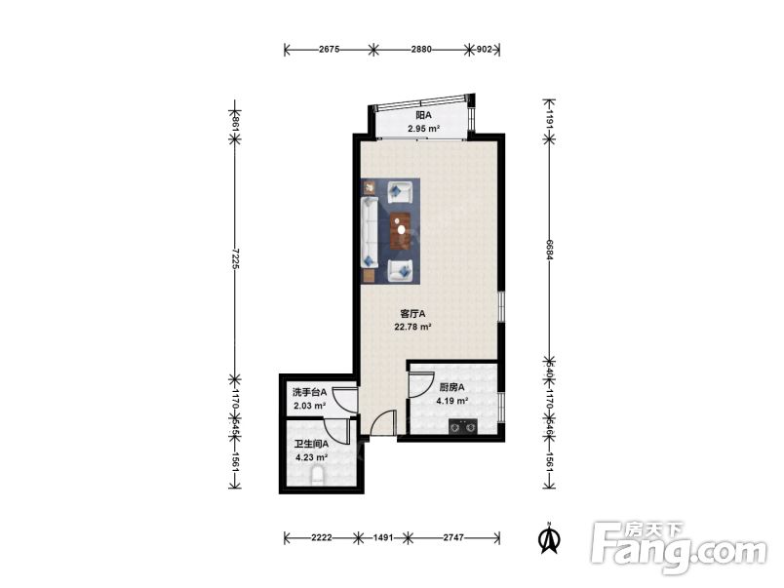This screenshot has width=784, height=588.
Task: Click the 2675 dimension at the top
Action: (x=329, y=49)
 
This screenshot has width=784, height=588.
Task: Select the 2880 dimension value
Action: (x=421, y=49)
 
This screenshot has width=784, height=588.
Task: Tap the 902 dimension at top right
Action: (x=484, y=49)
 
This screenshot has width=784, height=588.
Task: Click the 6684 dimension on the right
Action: (x=549, y=250)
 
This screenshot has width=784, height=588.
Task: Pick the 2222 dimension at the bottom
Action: (x=321, y=537)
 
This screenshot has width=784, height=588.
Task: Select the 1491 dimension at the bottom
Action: (x=383, y=537)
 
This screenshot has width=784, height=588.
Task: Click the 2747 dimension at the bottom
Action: (x=453, y=537)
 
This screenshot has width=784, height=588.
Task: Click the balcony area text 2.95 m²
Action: (x=423, y=129)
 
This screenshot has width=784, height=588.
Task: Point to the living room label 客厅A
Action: (x=412, y=314)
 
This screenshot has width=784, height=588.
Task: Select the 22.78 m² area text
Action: (x=413, y=327)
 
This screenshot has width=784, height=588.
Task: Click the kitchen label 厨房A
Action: (x=452, y=387)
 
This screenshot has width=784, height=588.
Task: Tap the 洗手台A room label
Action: (x=309, y=392)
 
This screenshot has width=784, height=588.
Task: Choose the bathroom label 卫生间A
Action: (x=311, y=444)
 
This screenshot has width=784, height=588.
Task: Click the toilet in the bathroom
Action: (x=318, y=476)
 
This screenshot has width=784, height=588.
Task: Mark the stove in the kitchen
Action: (x=462, y=426)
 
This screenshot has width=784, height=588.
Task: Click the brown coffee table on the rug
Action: (x=401, y=230)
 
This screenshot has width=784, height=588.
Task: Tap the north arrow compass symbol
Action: (x=549, y=538)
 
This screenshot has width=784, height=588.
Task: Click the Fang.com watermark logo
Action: (x=678, y=548)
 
